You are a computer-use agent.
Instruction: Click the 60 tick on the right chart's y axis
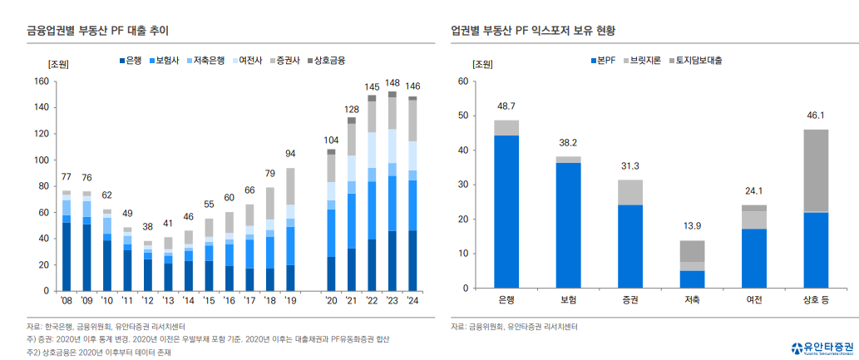pos(462,81)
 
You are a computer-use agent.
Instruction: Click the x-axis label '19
pos(290,300)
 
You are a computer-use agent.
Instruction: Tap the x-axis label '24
pos(412,300)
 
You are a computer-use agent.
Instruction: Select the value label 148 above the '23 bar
pos(392,83)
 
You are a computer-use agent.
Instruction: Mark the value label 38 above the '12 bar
pos(148,227)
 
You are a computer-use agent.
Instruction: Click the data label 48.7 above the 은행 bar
pos(506,106)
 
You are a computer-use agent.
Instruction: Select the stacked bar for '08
pos(67,241)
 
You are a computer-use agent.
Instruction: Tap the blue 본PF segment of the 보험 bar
pos(568,224)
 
